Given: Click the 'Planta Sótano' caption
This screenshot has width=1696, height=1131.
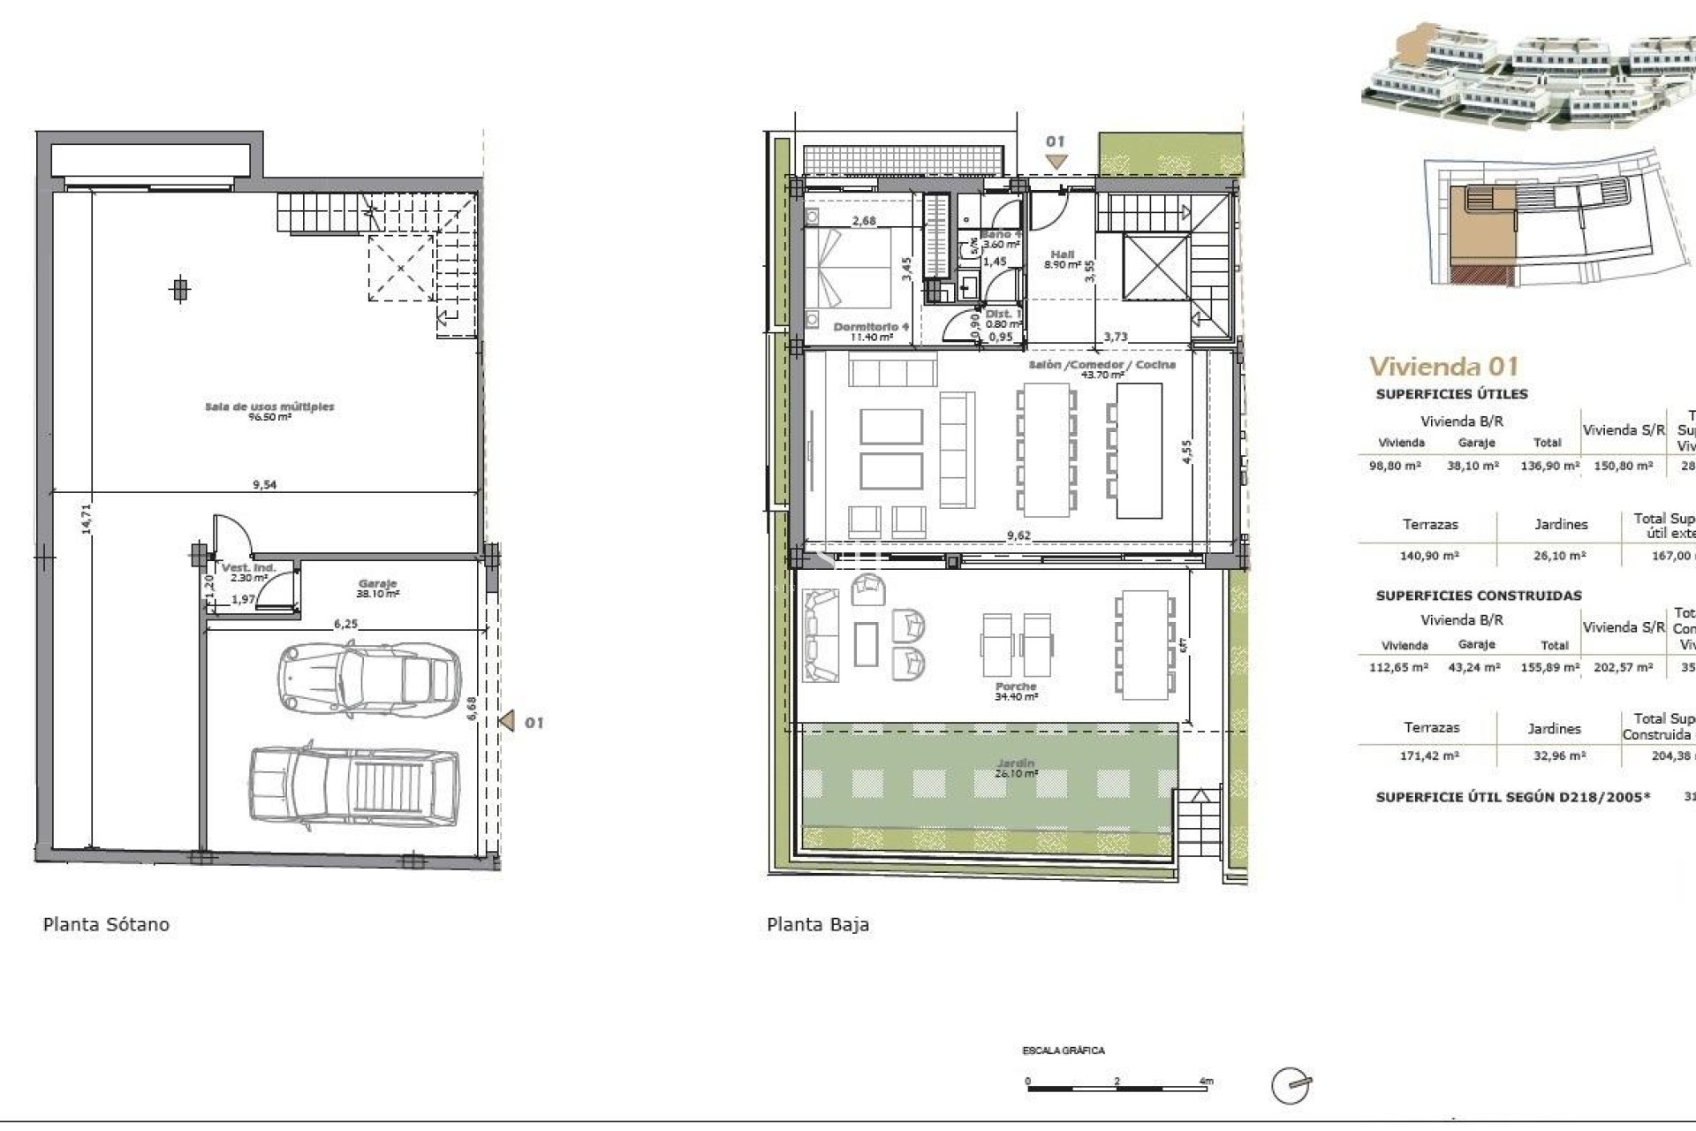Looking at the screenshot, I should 106,924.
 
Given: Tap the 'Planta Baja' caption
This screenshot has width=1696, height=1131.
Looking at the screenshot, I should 817,924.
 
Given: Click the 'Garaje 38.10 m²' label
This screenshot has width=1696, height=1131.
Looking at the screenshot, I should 377,588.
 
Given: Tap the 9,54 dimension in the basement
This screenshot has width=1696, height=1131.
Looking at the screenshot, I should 264,484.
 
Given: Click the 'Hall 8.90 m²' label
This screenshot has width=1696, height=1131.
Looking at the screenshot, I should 1062,259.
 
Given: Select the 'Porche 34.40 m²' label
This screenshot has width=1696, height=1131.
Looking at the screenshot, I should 1015,691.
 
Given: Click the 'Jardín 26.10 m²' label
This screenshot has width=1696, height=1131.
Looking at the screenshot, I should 1013,767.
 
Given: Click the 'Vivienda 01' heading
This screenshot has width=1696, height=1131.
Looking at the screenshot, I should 1443,366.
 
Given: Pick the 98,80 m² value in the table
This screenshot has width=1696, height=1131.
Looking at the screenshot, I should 1395,466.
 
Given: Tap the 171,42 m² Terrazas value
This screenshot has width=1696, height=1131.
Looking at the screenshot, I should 1431,755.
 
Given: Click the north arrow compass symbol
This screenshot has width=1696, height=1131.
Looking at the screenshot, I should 1291,1086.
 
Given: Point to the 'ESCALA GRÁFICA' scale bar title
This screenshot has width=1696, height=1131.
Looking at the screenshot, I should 1063,1051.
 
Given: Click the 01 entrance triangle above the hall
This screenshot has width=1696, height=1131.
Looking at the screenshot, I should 1056,161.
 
